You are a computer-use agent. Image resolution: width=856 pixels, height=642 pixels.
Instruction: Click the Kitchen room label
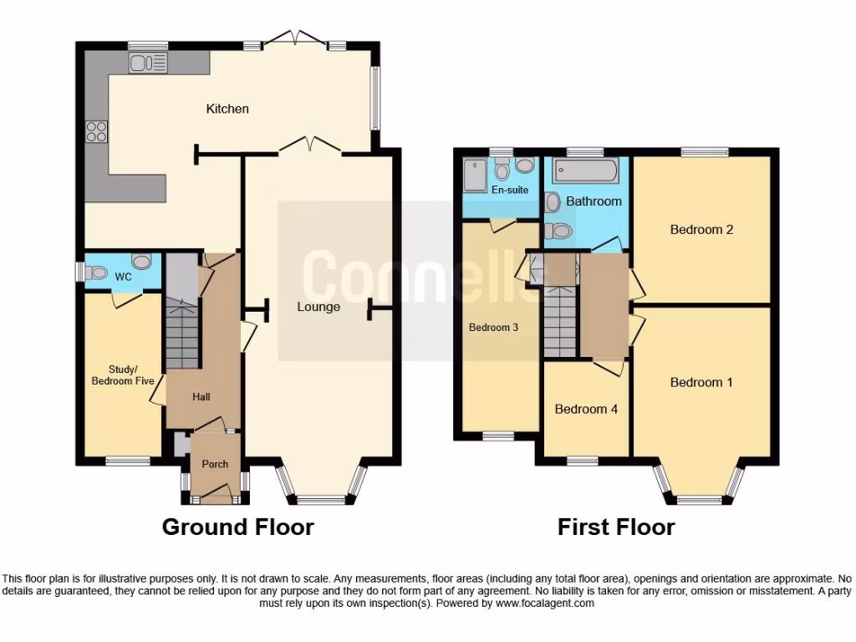[227, 109]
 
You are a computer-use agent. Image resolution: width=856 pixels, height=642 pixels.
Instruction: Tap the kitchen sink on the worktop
[148, 62]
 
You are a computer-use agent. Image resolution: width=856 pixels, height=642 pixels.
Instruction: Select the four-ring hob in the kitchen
[96, 131]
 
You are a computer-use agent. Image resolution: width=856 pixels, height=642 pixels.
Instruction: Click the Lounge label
[318, 307]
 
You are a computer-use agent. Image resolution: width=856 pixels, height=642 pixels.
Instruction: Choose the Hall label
[201, 398]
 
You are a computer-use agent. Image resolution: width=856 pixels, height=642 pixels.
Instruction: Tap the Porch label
[215, 465]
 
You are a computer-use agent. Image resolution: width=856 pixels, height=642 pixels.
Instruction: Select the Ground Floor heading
[237, 527]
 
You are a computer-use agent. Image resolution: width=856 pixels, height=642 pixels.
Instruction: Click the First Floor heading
[616, 527]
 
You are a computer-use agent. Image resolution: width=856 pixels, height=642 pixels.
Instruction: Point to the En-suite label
[510, 190]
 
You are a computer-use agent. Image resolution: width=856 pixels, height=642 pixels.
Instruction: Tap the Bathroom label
[594, 201]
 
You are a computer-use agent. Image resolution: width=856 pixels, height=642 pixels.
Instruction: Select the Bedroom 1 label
[701, 382]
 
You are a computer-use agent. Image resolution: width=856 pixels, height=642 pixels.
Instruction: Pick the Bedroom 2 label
[701, 229]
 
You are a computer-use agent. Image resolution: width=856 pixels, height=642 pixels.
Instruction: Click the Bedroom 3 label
[493, 328]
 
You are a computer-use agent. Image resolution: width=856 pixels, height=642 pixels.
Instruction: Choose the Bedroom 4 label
[586, 409]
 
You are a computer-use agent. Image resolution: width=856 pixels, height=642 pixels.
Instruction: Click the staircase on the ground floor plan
[182, 334]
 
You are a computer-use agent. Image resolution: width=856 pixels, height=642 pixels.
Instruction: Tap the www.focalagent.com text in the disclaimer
[544, 603]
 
